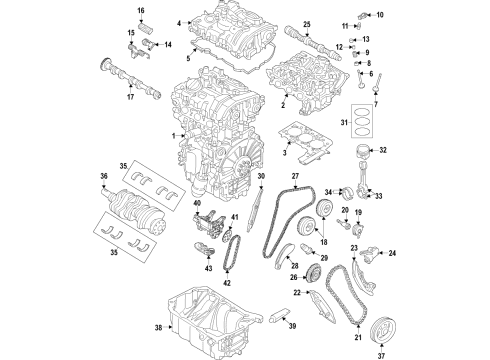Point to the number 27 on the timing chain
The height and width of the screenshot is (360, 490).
pyautogui.click(x=296, y=176)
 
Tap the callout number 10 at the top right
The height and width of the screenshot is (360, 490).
pyautogui.click(x=379, y=15)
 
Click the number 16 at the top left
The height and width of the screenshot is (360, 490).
pyautogui.click(x=140, y=11)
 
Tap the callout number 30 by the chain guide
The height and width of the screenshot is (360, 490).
pyautogui.click(x=260, y=176)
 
